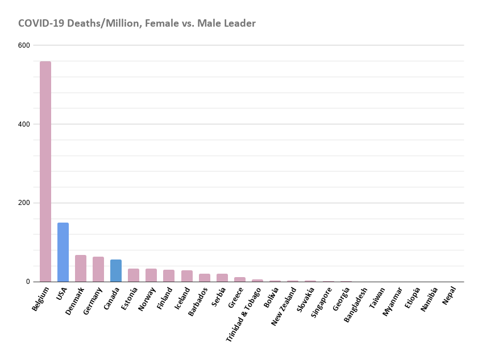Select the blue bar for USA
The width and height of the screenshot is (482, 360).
pos(63,252)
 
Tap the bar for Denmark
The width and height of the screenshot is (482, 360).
pos(80,268)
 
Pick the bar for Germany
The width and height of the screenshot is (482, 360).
pos(98,269)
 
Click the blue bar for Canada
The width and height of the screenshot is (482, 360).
pos(115,270)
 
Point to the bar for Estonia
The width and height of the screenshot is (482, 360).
pos(133,275)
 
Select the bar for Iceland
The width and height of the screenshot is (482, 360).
pos(186,276)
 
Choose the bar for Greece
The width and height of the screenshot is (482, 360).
pos(239,279)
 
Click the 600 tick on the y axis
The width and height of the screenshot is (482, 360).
pos(24,45)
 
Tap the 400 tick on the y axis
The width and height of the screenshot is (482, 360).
pos(24,124)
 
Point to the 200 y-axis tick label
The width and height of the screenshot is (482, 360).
pos(24,203)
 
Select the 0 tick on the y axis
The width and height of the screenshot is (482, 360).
pos(27,282)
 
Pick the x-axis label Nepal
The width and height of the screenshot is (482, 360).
pos(449,295)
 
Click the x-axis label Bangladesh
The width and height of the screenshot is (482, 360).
pos(356,304)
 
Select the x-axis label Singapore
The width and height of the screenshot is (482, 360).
pos(322,302)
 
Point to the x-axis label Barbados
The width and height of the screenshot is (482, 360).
pos(198,301)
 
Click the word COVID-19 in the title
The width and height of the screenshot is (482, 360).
pos(41,23)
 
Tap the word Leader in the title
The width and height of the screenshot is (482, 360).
pos(239,23)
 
